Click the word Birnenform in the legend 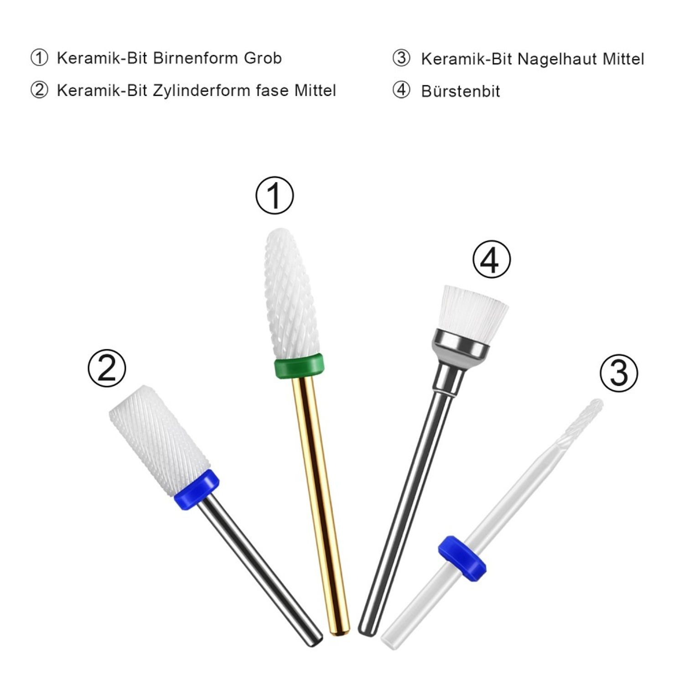point(196,58)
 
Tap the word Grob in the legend point(263,58)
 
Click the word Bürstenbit point(461,91)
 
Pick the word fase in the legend point(272,91)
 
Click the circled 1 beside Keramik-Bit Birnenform point(39,58)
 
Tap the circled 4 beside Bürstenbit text point(401,90)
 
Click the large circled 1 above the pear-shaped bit point(275,195)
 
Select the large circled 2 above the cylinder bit point(107,368)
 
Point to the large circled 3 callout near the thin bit point(619,373)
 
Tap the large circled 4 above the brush point(492,259)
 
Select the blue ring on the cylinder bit point(197,489)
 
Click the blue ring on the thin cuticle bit point(462,559)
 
